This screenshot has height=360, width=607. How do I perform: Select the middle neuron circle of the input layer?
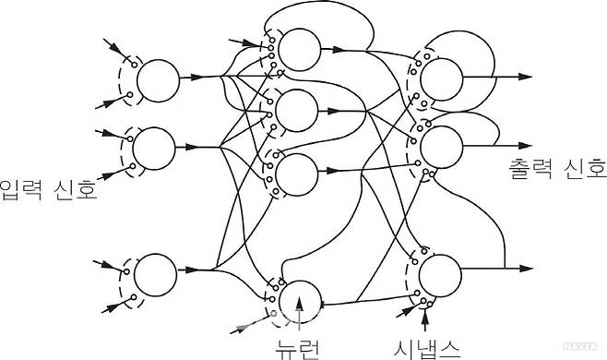pos(154,146)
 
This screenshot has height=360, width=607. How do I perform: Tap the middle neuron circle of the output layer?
pos(442,145)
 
